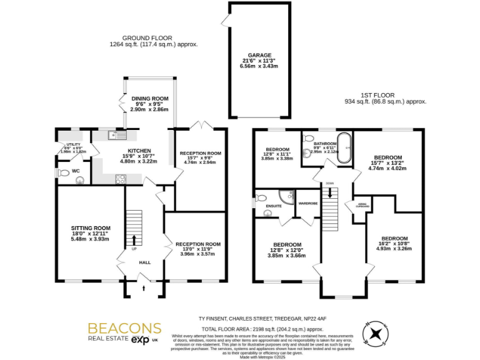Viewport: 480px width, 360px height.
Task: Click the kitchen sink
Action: pyautogui.click(x=117, y=134)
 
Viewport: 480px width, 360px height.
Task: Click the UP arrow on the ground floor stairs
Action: pyautogui.click(x=133, y=241)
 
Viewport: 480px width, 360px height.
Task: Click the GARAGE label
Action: pyautogui.click(x=259, y=55)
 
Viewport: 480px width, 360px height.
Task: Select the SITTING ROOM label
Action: pyautogui.click(x=91, y=228)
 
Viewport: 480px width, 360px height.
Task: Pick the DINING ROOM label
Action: pyautogui.click(x=150, y=98)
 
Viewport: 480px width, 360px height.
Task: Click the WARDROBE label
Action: pyautogui.click(x=308, y=203)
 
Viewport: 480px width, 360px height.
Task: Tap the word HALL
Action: pyautogui.click(x=145, y=262)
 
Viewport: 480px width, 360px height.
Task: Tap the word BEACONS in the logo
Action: pyautogui.click(x=124, y=328)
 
